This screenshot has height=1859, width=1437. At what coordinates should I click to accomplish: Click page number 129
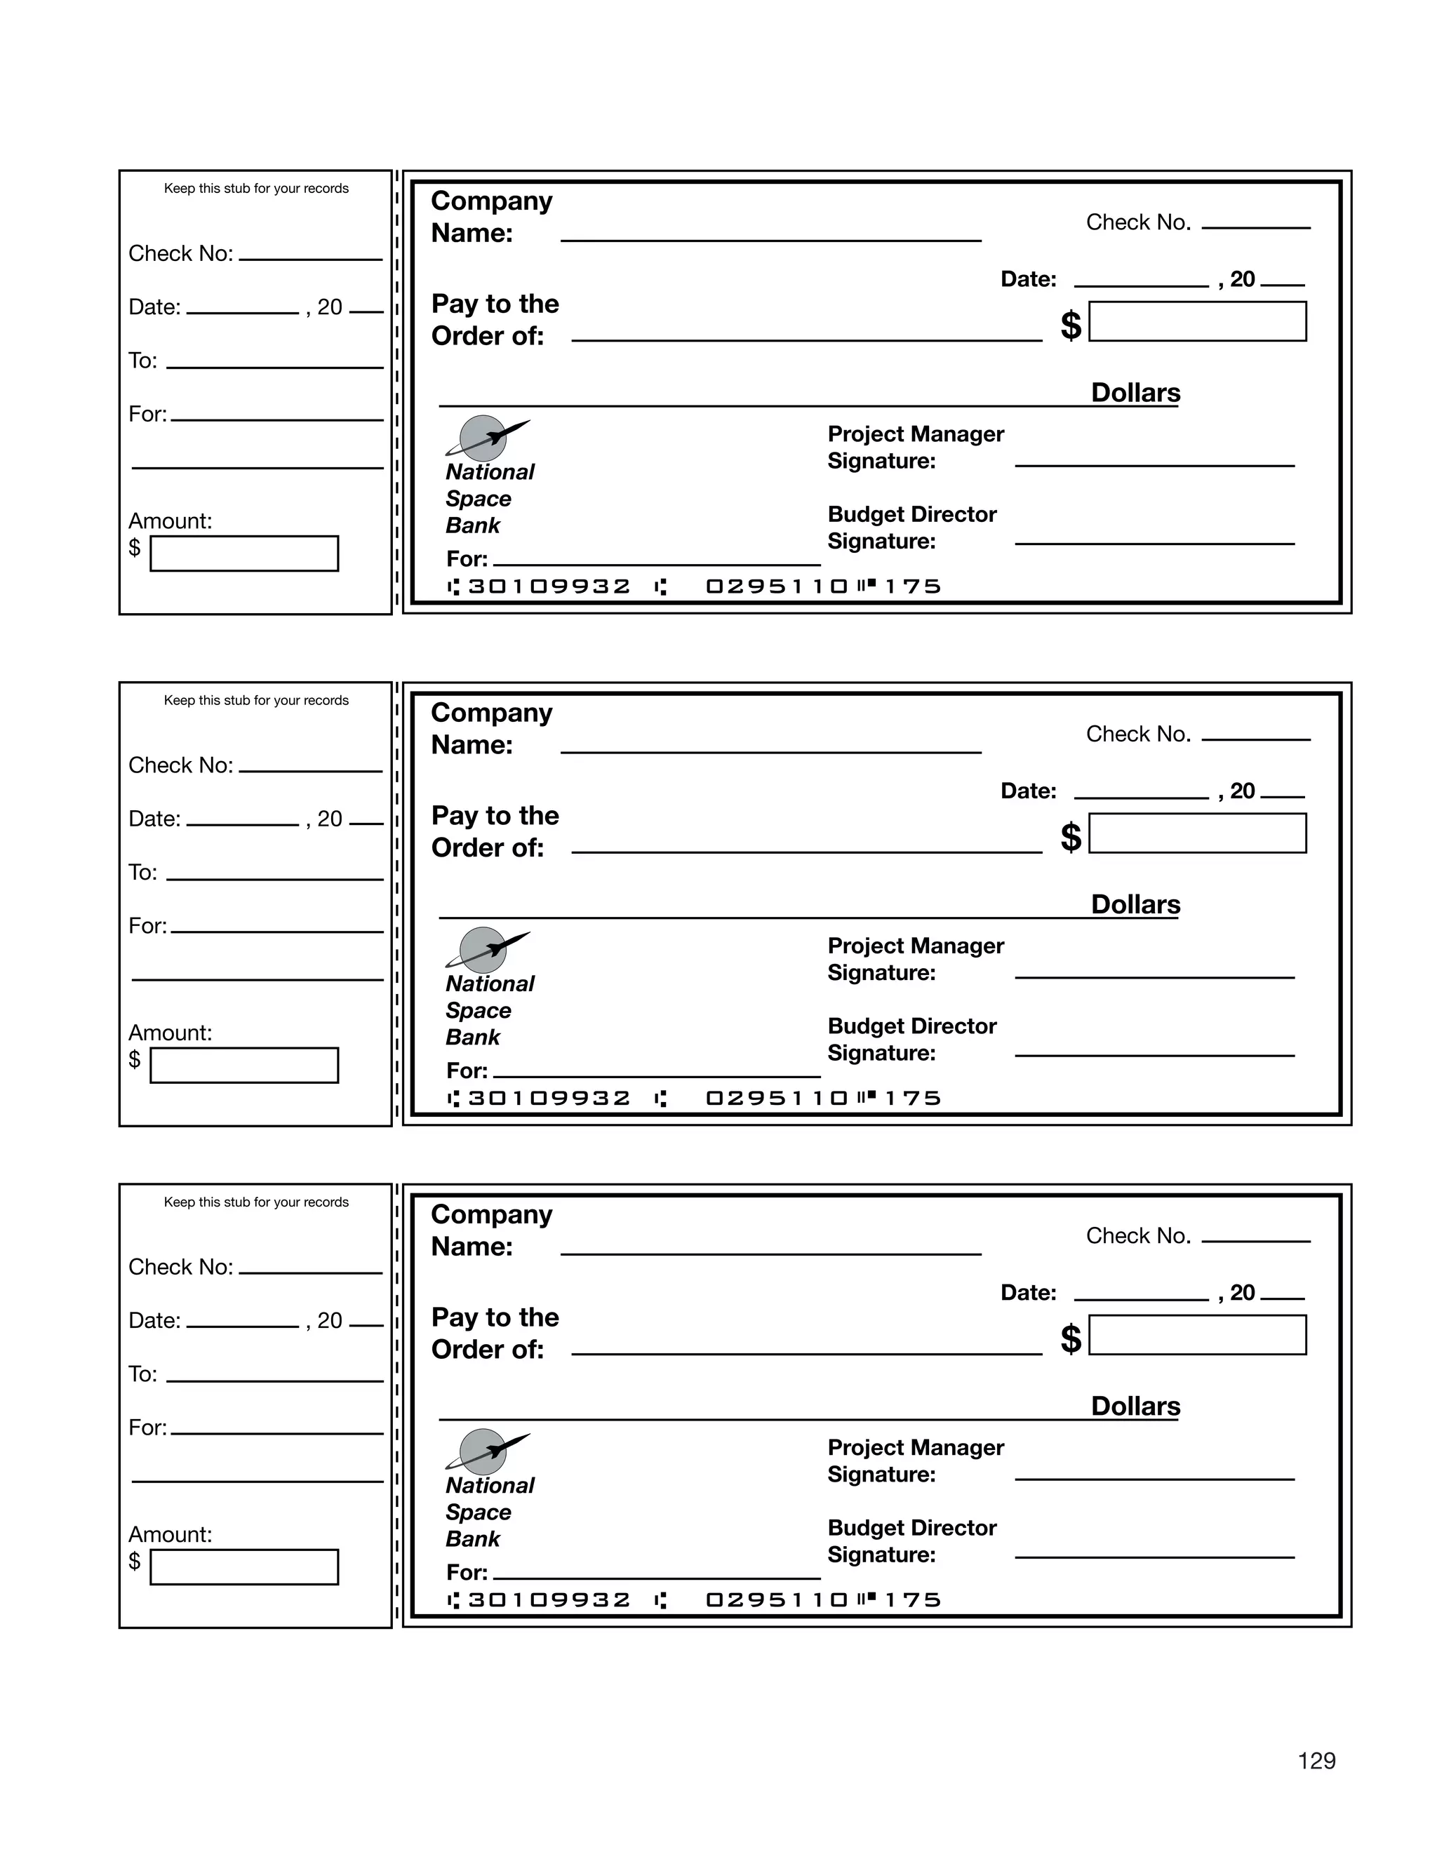click(1316, 1760)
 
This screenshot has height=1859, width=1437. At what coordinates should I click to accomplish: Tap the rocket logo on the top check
click(486, 438)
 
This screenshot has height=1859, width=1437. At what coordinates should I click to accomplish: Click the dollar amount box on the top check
click(1197, 322)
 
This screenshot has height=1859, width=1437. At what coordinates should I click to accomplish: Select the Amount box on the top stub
click(244, 553)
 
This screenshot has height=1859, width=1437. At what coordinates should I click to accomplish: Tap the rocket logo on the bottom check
click(486, 1451)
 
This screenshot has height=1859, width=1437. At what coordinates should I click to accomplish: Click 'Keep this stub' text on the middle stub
click(256, 701)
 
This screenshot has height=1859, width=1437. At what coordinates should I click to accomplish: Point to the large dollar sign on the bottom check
click(1070, 1339)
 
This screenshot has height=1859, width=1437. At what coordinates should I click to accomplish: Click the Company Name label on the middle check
click(491, 729)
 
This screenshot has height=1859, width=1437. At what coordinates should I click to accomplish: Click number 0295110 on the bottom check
click(777, 1600)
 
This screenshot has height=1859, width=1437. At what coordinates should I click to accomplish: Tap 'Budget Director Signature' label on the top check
click(911, 528)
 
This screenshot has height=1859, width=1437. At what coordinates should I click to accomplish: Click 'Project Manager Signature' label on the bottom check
click(915, 1461)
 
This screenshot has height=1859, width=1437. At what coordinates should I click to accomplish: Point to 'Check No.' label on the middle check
click(1137, 734)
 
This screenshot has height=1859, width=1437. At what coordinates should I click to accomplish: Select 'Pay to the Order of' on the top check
click(495, 320)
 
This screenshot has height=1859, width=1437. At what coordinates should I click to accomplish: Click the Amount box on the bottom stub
click(244, 1567)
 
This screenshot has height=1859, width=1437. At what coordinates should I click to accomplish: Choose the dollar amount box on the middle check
click(1197, 833)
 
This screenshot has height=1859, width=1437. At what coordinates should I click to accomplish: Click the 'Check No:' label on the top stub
click(180, 254)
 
